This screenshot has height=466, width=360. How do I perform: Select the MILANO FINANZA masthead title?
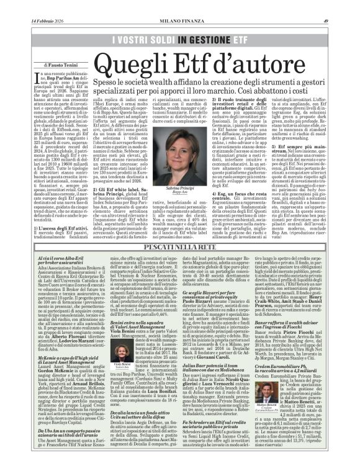pos(179,5)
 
